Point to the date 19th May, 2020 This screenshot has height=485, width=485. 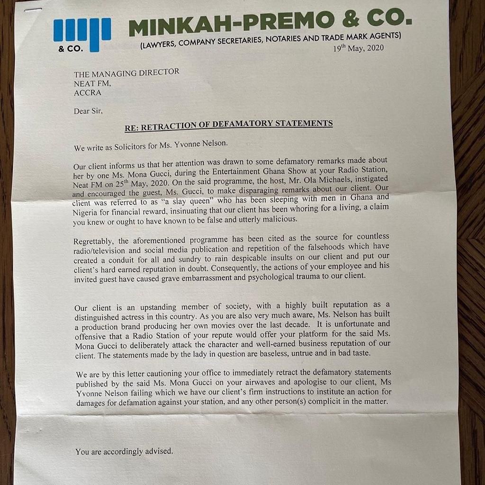click(x=358, y=48)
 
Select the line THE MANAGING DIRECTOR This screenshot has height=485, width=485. click(x=126, y=72)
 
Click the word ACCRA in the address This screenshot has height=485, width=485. click(x=87, y=93)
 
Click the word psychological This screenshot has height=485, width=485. click(x=273, y=276)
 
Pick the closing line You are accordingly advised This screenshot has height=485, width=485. click(x=124, y=451)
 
